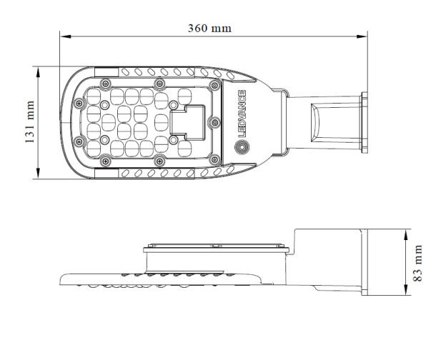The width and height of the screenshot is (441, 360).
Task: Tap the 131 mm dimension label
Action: pyautogui.click(x=30, y=122)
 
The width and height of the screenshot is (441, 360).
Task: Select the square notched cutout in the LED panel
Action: pyautogui.click(x=187, y=121)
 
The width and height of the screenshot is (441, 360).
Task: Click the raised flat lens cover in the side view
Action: pyautogui.click(x=217, y=247)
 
